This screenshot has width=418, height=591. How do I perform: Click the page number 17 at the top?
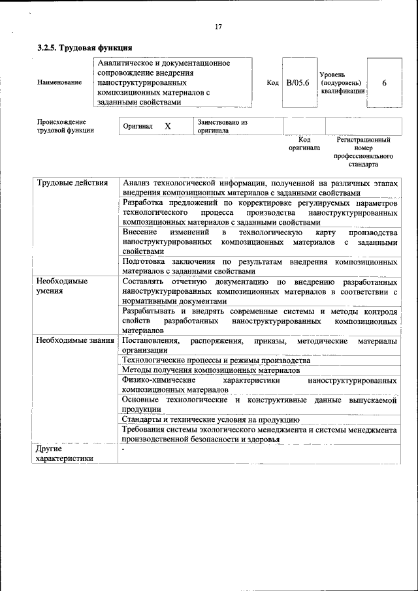pyautogui.click(x=217, y=27)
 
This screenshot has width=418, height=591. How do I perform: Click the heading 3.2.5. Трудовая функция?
pyautogui.click(x=85, y=48)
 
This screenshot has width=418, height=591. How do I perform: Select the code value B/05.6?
pyautogui.click(x=297, y=83)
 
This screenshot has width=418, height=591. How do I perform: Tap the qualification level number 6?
pyautogui.click(x=384, y=83)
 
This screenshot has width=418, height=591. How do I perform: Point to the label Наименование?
pyautogui.click(x=59, y=83)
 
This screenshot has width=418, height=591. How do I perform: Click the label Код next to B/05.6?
pyautogui.click(x=273, y=83)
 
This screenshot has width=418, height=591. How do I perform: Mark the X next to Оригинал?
pyautogui.click(x=168, y=126)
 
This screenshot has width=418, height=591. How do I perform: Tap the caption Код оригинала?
pyautogui.click(x=304, y=144)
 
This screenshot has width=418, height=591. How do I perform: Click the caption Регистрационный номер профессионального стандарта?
pyautogui.click(x=363, y=152)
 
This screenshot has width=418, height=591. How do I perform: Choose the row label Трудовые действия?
pyautogui.click(x=72, y=182)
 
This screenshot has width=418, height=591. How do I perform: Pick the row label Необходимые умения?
pyautogui.click(x=62, y=285)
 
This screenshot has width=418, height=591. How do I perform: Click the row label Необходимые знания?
pyautogui.click(x=76, y=341)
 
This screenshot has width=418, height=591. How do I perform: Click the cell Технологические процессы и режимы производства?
pyautogui.click(x=216, y=360)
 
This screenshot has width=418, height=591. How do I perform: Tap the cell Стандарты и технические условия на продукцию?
pyautogui.click(x=210, y=419)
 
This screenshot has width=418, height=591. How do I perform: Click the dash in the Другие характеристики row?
pyautogui.click(x=123, y=449)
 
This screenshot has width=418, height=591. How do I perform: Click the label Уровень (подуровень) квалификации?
pyautogui.click(x=342, y=83)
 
